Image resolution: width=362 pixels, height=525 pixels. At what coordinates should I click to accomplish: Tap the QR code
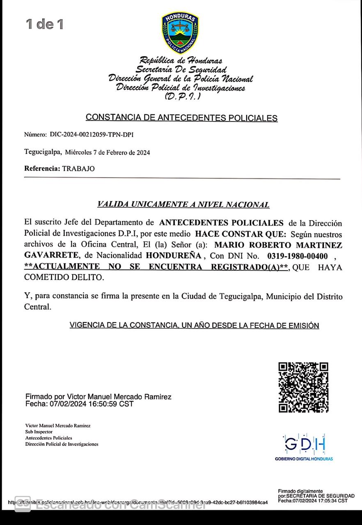pos(303,387)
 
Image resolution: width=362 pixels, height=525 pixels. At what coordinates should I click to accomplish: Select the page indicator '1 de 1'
pos(45,24)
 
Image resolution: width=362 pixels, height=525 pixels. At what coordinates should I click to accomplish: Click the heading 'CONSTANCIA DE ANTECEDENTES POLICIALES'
pos(181,118)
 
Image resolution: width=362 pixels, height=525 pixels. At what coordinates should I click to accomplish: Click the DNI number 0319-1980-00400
pos(297,256)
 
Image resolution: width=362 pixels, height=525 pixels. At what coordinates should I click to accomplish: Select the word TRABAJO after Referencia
pos(78,169)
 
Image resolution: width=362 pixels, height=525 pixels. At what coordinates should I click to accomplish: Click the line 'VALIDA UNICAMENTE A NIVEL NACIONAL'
pos(183,204)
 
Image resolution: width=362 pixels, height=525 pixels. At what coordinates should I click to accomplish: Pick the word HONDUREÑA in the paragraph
pos(174,256)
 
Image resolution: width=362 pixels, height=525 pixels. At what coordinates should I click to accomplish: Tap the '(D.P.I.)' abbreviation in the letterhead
pos(183,97)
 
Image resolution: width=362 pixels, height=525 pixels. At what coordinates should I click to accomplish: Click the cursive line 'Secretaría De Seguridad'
pos(181,69)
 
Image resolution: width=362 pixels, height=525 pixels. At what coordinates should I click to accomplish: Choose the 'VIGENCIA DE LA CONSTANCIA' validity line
pos(194,326)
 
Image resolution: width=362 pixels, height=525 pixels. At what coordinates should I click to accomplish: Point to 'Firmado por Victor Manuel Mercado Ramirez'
pos(99,397)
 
